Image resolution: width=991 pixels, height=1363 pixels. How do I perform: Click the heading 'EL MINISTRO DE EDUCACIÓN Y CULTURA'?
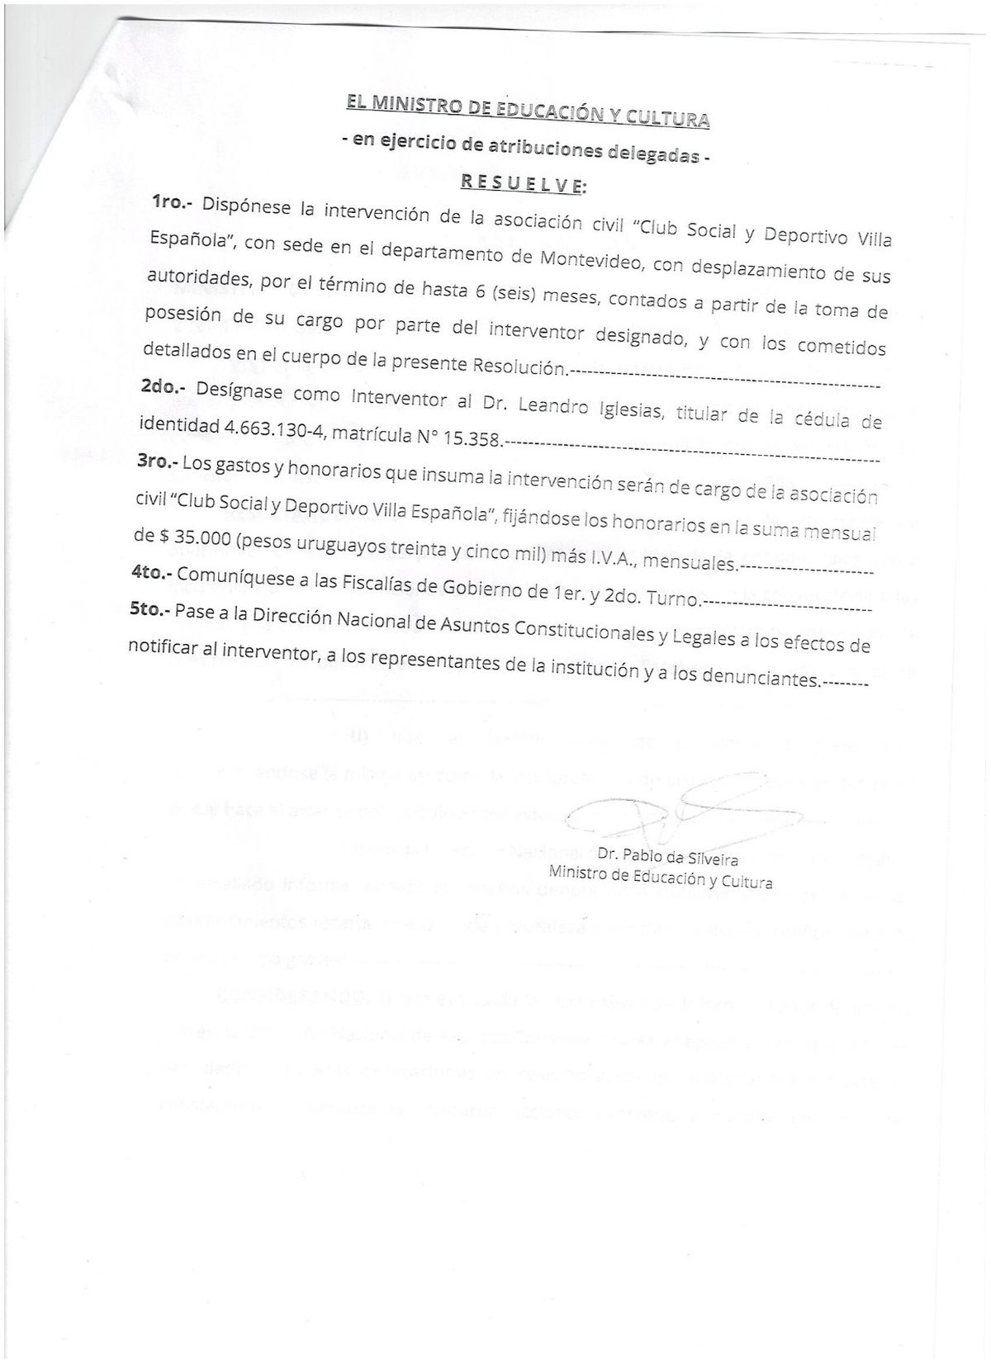pos(527,111)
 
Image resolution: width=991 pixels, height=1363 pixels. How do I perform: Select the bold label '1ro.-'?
pos(173,203)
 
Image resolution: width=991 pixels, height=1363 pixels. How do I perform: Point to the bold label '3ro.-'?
pos(156,462)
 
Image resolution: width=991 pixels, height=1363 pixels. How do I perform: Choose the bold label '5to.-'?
pos(149,611)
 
